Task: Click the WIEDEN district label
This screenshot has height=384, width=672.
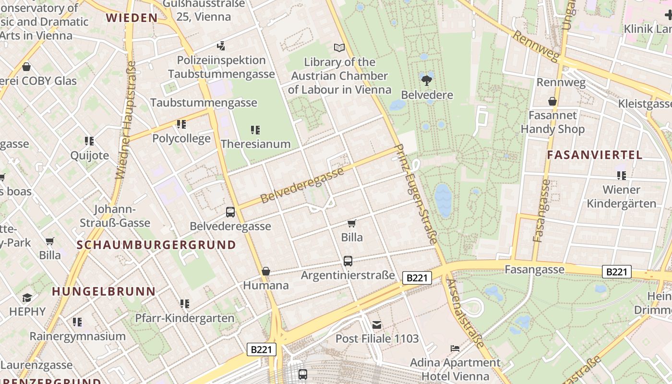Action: pos(132,18)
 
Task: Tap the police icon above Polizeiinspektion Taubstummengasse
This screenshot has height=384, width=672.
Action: pos(221,46)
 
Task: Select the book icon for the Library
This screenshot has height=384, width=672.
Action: pos(339,48)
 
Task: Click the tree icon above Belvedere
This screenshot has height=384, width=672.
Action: pos(426,80)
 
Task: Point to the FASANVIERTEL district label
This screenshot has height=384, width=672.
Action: pos(594,155)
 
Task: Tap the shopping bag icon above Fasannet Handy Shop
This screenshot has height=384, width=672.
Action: pos(552,101)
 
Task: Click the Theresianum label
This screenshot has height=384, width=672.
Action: pos(256,144)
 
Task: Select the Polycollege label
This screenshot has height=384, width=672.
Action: pos(181,139)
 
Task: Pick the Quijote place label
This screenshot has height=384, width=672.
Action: pos(89,156)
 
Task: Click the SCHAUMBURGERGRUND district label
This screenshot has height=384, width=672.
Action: pos(156,245)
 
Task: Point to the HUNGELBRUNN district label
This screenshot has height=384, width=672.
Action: pos(104,291)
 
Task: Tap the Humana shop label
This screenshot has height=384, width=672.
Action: pos(266,286)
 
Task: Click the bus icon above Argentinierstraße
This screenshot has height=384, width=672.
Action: pos(348,261)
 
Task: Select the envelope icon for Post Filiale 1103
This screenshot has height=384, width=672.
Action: pos(377,325)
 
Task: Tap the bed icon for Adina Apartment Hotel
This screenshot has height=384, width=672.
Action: pos(455,348)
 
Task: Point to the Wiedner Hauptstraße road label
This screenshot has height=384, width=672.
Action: pos(126,120)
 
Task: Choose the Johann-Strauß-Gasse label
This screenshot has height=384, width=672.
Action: pos(115,216)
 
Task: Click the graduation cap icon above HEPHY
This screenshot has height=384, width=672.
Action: pos(27,298)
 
